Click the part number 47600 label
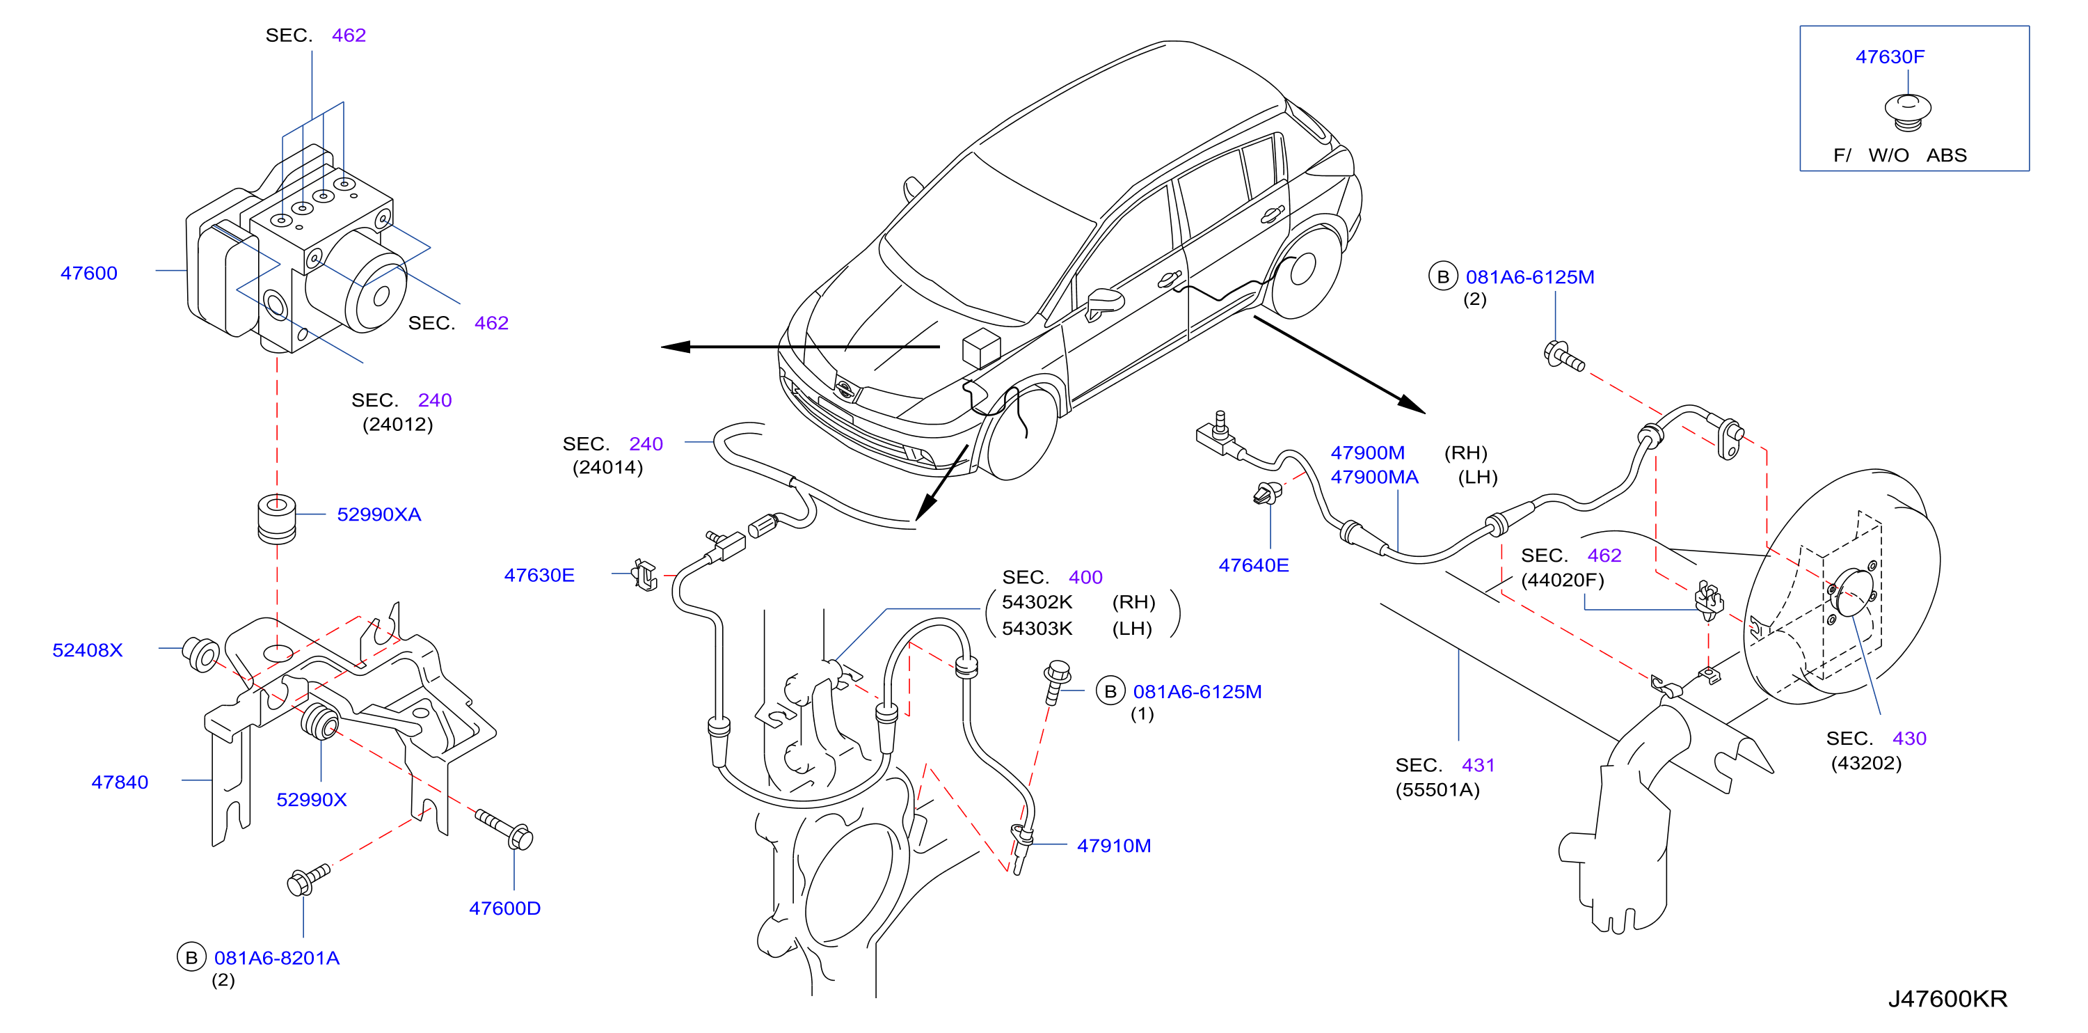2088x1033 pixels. coord(89,274)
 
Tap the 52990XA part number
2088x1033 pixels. coord(378,514)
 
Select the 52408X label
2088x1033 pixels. coord(88,649)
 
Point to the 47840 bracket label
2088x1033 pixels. coord(120,782)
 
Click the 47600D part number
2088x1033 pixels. coord(504,908)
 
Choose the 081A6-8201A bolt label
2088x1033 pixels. coord(276,958)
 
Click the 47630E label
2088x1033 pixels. coord(539,575)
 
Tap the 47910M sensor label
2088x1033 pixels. coord(1114,846)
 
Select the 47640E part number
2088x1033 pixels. coord(1253,565)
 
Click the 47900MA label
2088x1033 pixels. coord(1374,477)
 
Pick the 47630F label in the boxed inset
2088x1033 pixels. coord(1890,57)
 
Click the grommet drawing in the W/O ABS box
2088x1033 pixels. coord(1907,112)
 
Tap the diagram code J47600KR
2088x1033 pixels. coord(1947,998)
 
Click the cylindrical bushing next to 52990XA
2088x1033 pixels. coord(276,518)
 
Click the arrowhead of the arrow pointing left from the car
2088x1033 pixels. coord(675,347)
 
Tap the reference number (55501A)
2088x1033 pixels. coord(1437,790)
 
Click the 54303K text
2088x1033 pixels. coord(1037,629)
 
